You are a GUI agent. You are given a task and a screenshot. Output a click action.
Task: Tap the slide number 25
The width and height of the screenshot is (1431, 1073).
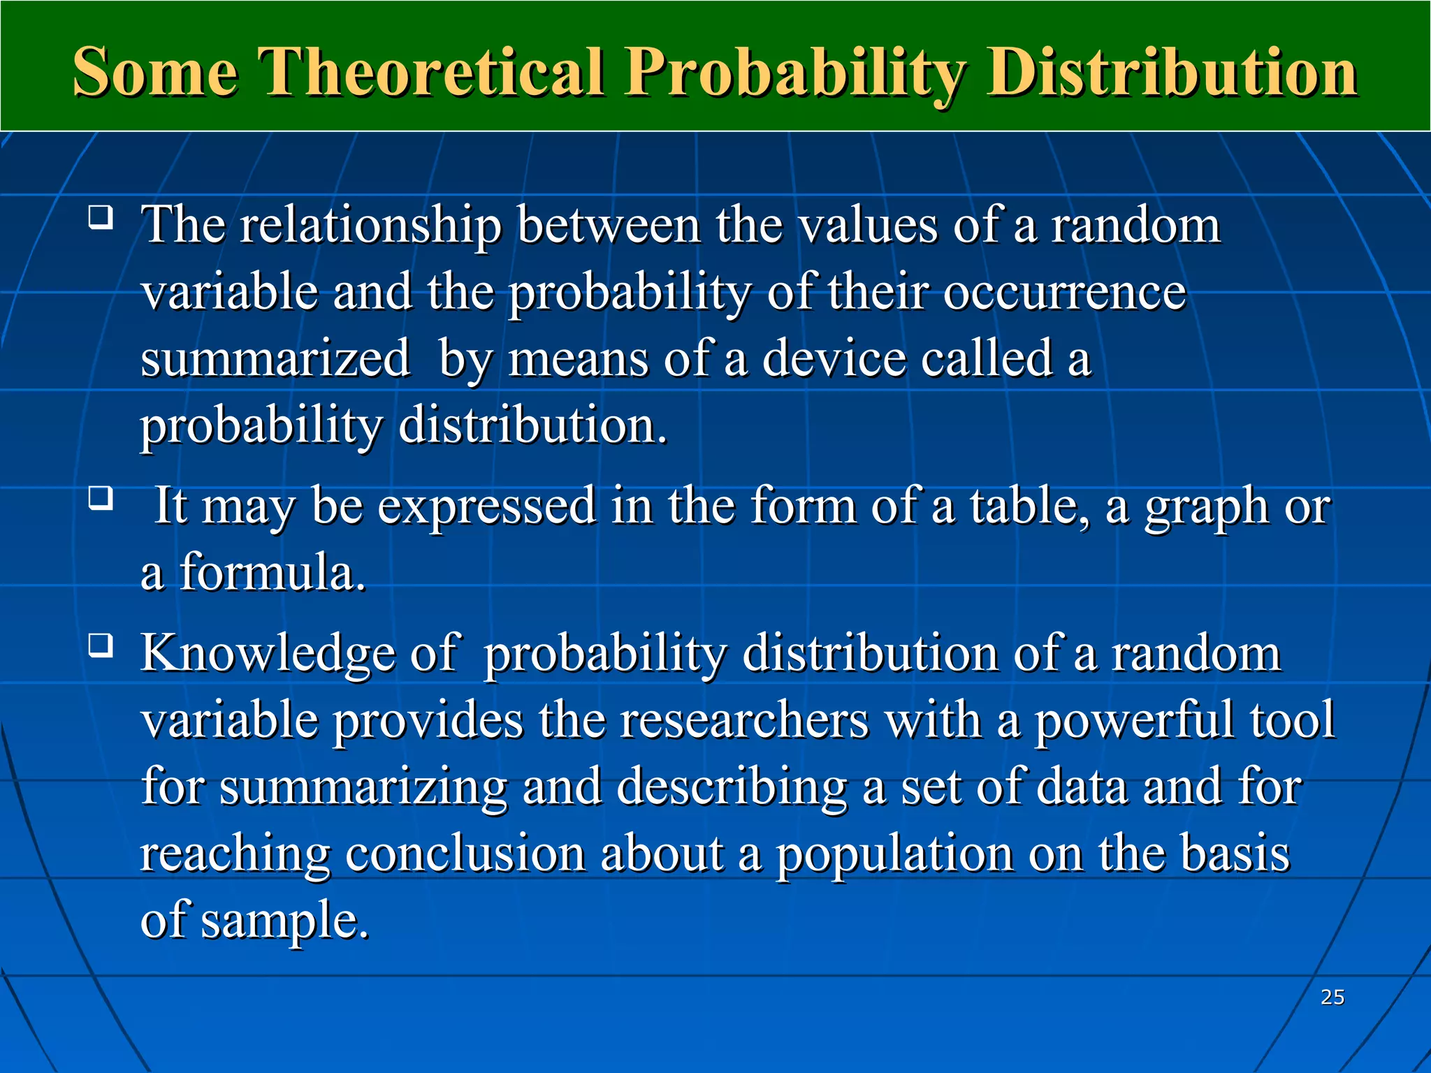(x=1332, y=997)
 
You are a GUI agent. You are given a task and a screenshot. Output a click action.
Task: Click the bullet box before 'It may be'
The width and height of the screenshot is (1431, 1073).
(x=101, y=499)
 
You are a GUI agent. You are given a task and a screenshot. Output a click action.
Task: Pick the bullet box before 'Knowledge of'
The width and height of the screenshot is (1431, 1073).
(x=101, y=646)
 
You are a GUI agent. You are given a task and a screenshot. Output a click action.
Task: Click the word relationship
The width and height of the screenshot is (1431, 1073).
(x=370, y=227)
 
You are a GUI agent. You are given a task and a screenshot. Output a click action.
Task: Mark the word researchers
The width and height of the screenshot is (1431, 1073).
(x=744, y=720)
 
